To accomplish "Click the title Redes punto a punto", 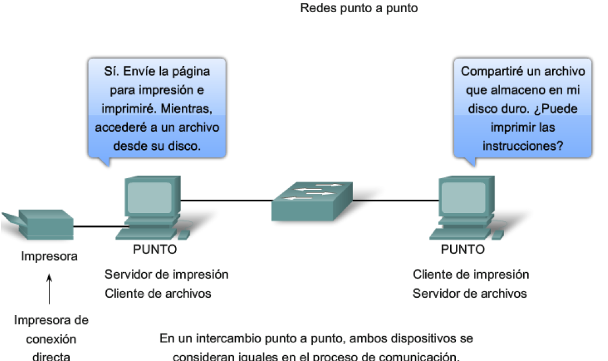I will coord(359,9).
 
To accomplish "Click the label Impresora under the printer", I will coord(49,256).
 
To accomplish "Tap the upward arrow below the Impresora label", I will coord(49,290).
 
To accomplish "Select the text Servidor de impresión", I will coord(166,275).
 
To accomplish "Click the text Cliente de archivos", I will coord(158,293).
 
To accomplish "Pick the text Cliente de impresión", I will coord(471,275).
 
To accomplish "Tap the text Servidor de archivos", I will coord(469,293).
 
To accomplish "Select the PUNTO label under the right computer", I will coord(463,250).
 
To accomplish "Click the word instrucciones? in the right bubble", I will coord(523,146).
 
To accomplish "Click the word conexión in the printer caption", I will coord(51,340).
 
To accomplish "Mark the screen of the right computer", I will coord(463,197).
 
